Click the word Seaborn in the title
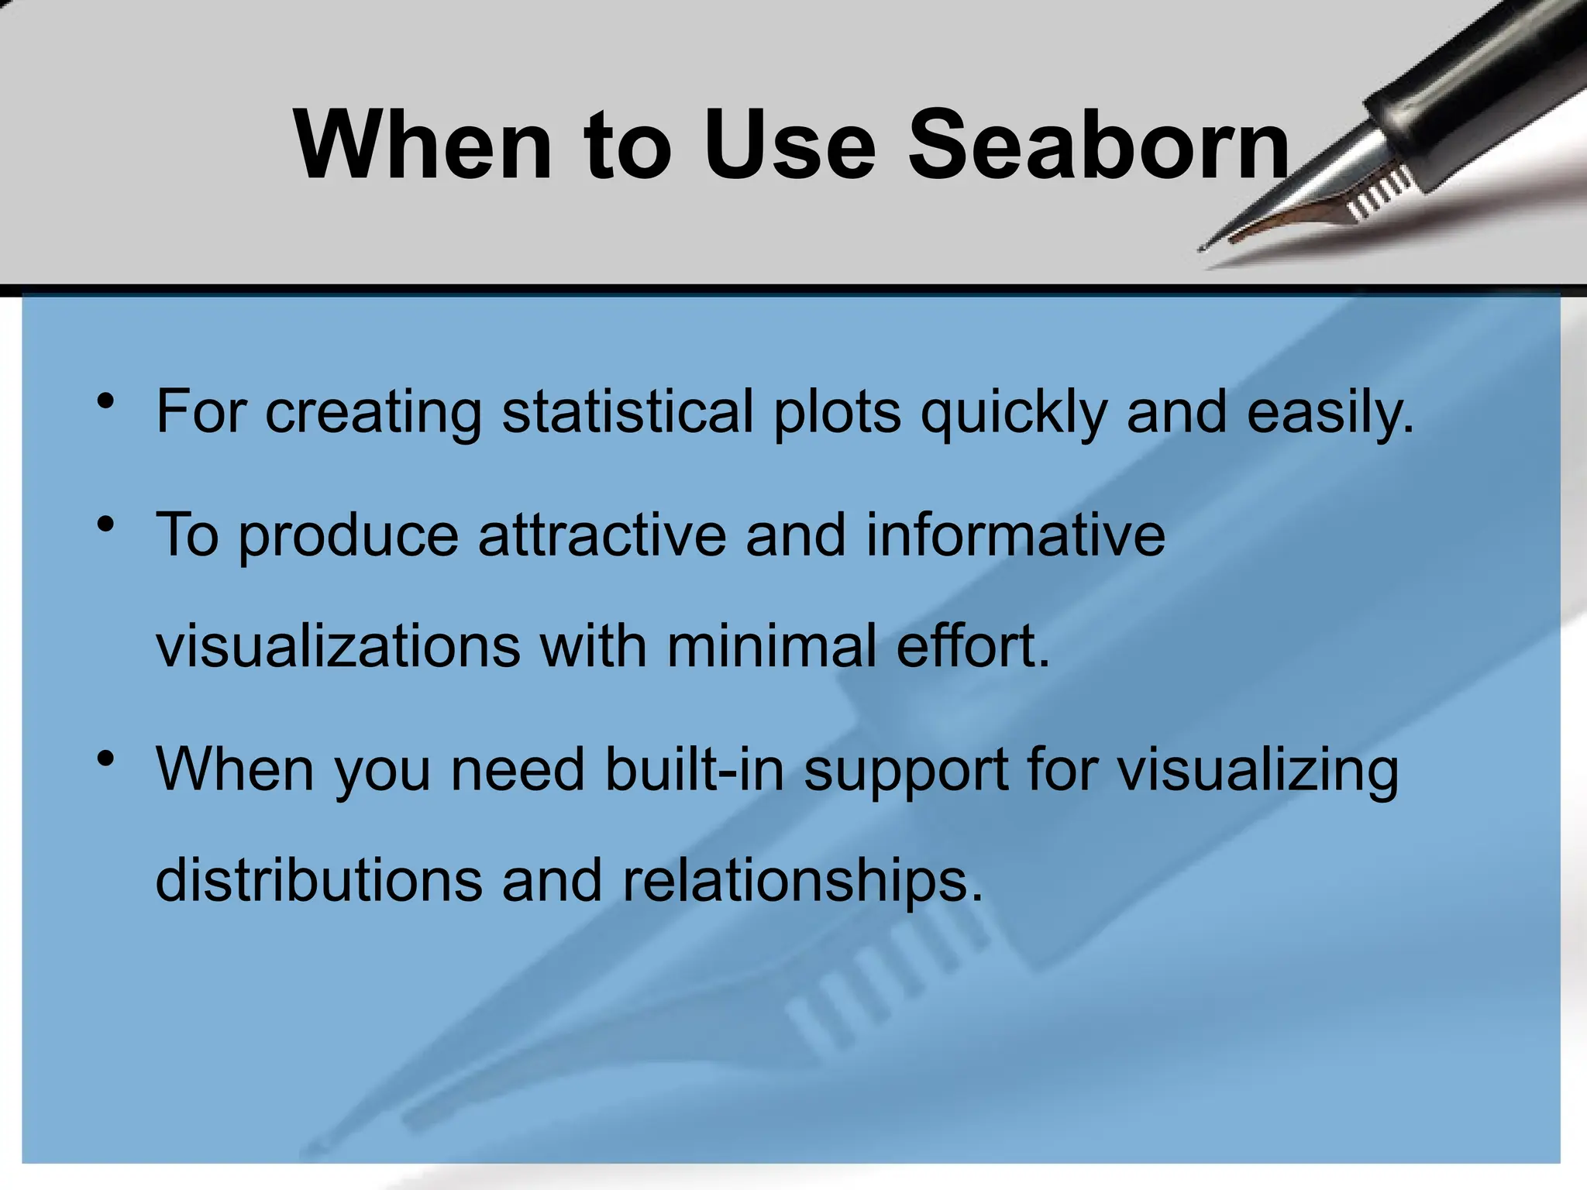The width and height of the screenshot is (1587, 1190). click(1098, 145)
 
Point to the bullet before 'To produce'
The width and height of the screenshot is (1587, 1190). click(106, 525)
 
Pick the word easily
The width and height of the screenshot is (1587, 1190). click(1330, 412)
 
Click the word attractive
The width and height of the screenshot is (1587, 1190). click(602, 535)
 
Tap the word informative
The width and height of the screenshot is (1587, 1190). click(1014, 535)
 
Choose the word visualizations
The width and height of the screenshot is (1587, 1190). click(338, 645)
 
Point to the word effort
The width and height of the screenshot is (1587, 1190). click(973, 645)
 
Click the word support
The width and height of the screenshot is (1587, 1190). click(906, 772)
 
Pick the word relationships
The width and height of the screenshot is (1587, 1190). click(802, 881)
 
